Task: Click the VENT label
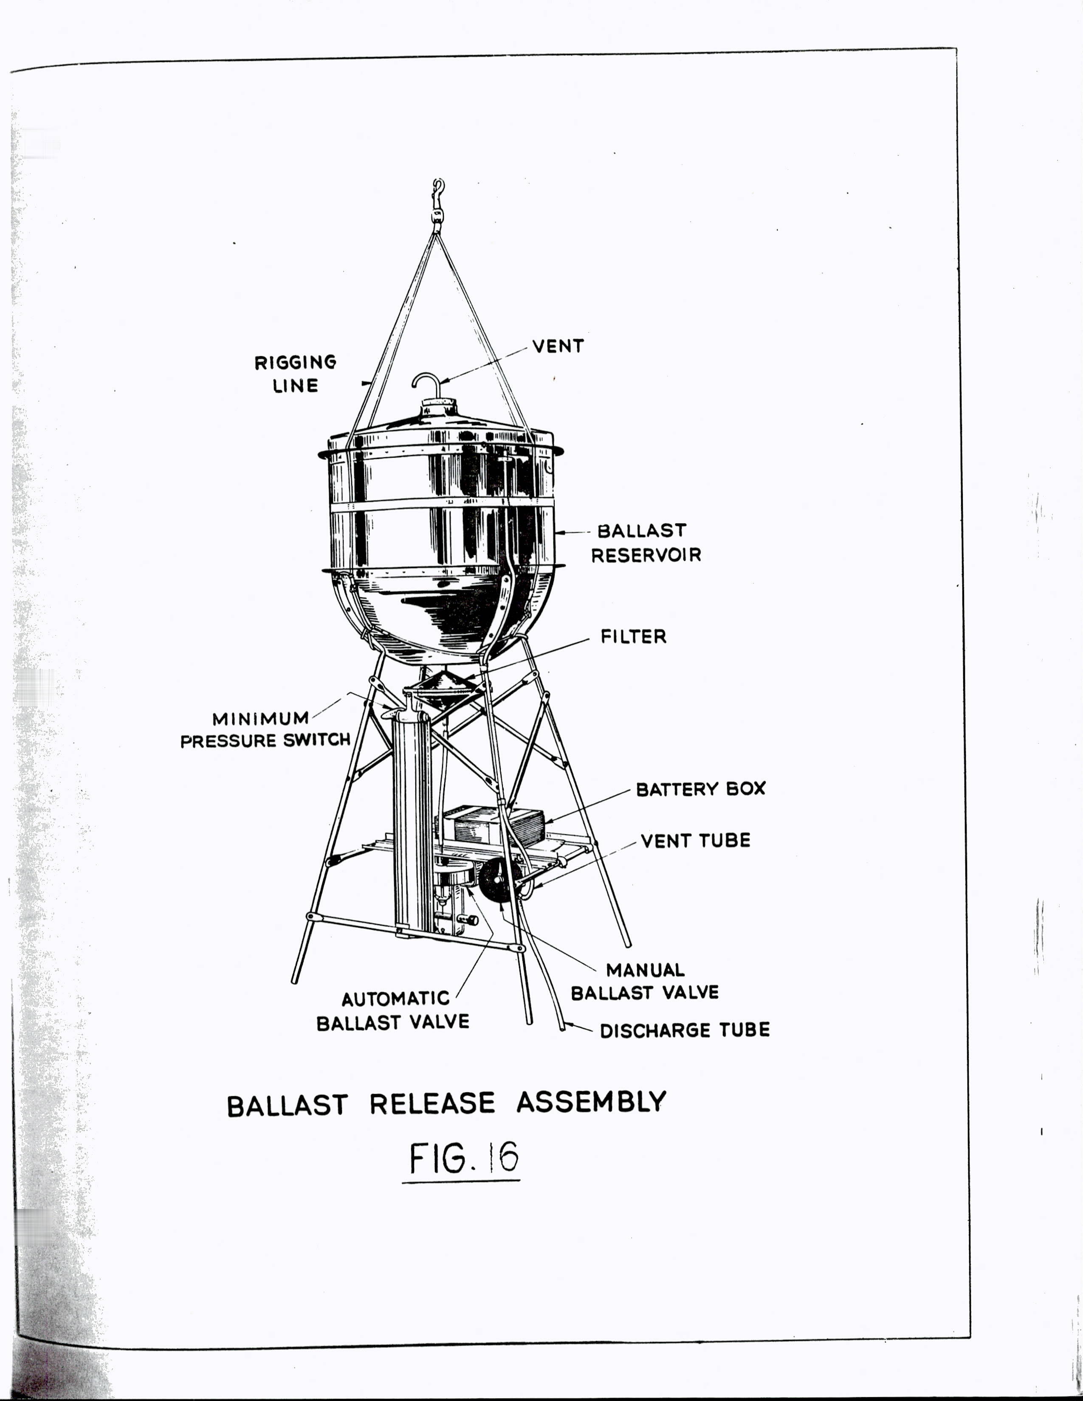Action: [x=558, y=346]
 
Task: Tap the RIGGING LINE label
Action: [x=295, y=374]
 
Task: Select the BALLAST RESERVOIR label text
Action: [x=646, y=543]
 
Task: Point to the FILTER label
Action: [x=633, y=636]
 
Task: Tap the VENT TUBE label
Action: [x=696, y=840]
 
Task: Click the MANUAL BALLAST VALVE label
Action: [x=645, y=981]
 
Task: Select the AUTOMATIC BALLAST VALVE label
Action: [x=393, y=1010]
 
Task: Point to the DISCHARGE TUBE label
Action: [x=685, y=1030]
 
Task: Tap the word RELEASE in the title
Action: [x=432, y=1103]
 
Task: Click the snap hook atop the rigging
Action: [x=438, y=204]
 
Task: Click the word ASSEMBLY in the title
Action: [x=592, y=1102]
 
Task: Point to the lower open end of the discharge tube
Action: [x=562, y=1028]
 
